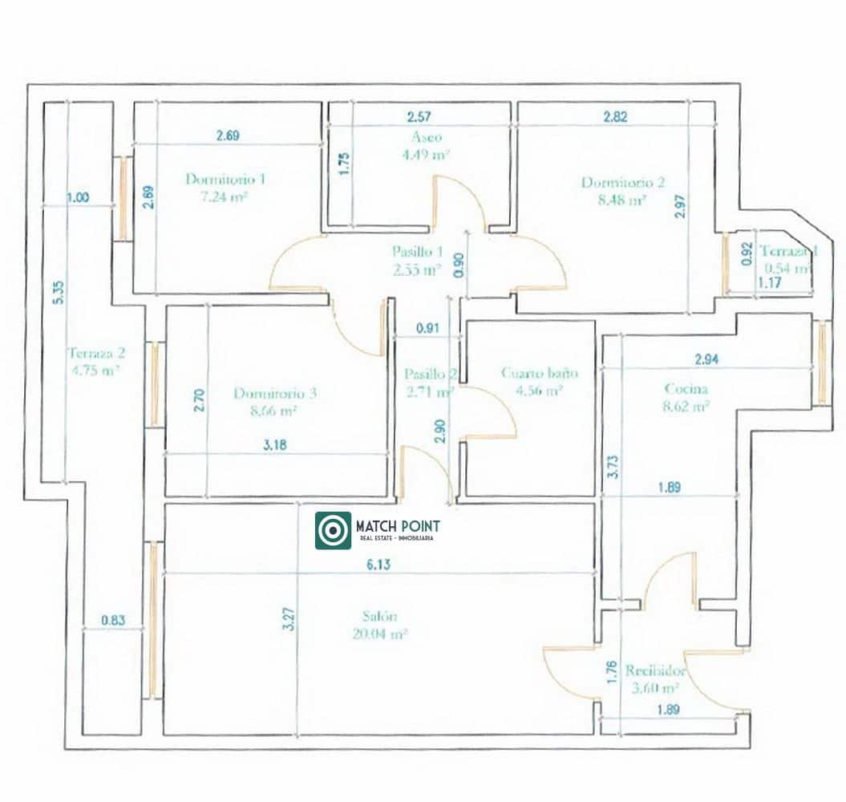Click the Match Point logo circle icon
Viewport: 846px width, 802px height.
[x=333, y=530]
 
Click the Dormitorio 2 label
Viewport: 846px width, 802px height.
[x=623, y=182]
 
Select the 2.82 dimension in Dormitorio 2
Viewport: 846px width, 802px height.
[x=615, y=116]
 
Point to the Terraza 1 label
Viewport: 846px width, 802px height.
[x=788, y=250]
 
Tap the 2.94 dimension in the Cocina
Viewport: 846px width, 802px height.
[x=706, y=360]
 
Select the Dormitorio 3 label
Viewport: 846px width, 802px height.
[x=275, y=393]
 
